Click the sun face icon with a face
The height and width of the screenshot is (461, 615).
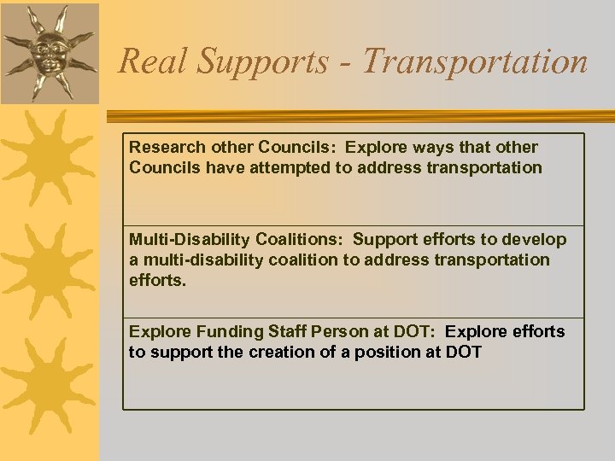point(49,53)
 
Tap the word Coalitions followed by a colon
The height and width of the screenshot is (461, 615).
point(302,239)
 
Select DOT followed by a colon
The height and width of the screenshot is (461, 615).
point(418,331)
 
